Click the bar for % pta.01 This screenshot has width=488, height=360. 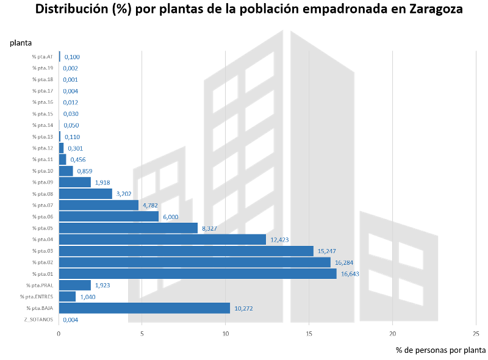coord(198,274)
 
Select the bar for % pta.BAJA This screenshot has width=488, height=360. coord(144,308)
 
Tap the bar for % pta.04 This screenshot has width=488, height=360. coord(162,239)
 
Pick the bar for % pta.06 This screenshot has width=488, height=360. coord(109,217)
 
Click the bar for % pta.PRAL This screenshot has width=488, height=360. coord(74,285)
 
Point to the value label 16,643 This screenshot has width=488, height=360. coord(350,274)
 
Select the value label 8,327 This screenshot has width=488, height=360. coord(208,228)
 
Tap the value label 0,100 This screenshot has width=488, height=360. coord(72,57)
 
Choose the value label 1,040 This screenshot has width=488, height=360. coord(88,297)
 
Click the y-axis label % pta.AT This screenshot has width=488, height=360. coord(43,57)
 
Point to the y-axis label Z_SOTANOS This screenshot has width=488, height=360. coord(39,319)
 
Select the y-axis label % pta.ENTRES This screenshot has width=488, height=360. coord(37,297)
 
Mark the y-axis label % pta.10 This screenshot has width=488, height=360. coord(43,171)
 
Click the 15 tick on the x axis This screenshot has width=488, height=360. coord(309,333)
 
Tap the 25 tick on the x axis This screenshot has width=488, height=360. coord(476,333)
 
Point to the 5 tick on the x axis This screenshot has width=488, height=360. coord(142,333)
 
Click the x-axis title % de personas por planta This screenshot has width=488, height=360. coord(440,350)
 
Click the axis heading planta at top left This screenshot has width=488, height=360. coord(20,42)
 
